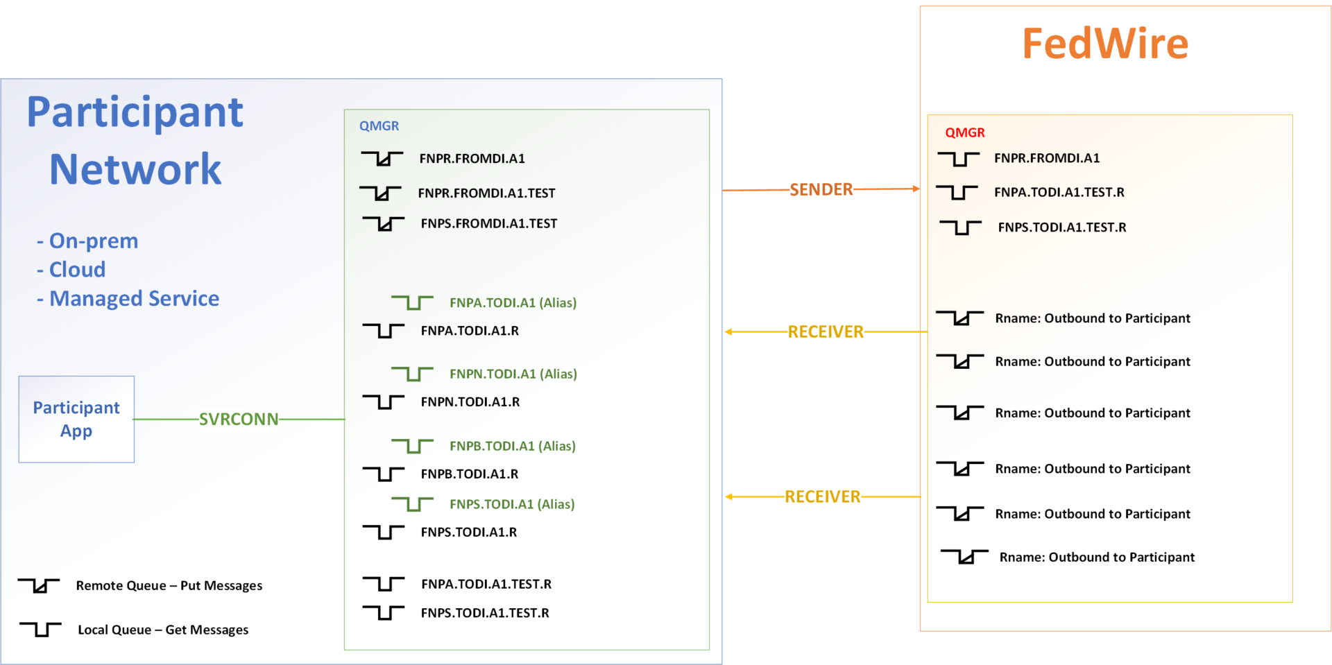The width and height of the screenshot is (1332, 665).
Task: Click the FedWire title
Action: point(1105,44)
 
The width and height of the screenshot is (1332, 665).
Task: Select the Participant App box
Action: point(76,419)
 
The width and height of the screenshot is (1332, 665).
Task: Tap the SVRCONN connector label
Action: point(239,419)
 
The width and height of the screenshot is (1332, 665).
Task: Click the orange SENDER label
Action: point(821,189)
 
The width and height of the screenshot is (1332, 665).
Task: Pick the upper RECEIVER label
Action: point(826,331)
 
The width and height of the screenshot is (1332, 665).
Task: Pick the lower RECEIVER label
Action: point(822,496)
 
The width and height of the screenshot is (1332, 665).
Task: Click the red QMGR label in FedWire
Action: point(964,132)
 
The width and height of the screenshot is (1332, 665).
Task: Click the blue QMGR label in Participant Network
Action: point(379,126)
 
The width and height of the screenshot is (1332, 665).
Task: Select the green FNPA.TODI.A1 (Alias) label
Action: point(513,302)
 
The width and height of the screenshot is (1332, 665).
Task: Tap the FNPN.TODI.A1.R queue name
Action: point(470,401)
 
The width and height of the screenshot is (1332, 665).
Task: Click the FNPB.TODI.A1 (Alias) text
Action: point(512,446)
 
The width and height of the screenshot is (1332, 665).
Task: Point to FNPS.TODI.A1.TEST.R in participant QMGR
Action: point(484,613)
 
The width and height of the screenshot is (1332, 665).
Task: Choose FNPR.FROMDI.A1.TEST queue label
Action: point(486,193)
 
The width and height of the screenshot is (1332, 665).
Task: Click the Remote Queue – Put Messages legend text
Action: point(169,585)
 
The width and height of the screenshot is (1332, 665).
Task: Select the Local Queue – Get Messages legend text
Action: point(162,630)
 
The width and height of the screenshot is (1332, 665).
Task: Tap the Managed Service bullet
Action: point(133,298)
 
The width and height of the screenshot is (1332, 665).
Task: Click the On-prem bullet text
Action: point(93,241)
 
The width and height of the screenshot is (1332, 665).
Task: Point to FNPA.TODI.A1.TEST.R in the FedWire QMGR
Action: point(1059,192)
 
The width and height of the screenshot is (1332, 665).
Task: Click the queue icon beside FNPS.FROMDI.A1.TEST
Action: point(383,223)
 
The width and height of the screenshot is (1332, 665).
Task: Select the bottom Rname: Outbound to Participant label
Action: point(1096,557)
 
